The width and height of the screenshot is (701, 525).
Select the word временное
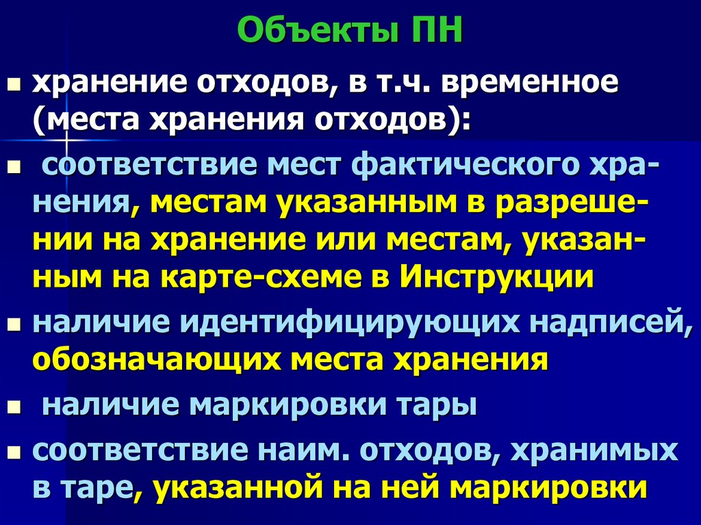click(x=530, y=86)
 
